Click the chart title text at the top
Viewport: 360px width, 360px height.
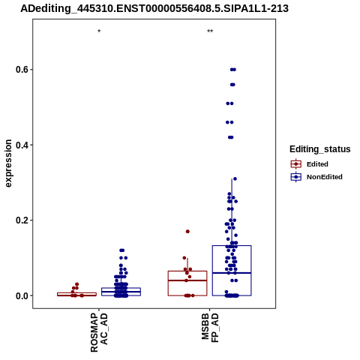(154, 8)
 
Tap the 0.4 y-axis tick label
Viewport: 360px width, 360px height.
(21, 145)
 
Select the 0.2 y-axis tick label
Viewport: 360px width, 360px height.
(21, 220)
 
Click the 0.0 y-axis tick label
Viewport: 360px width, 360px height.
(21, 295)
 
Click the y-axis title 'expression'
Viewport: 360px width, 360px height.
(8, 163)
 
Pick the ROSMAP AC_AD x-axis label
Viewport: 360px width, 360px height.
(99, 332)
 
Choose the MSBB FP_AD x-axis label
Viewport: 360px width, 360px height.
(210, 328)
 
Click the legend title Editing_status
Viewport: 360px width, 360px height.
(320, 149)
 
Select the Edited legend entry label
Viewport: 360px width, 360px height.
(317, 164)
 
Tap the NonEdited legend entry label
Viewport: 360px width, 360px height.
(325, 177)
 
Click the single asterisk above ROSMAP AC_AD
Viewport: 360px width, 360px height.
(99, 31)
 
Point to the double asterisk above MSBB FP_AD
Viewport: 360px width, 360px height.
(210, 31)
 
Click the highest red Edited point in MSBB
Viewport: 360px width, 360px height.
(187, 232)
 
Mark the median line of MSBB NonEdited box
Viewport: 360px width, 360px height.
(232, 273)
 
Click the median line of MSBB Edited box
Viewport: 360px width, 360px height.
(187, 280)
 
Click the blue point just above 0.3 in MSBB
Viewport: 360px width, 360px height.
(235, 178)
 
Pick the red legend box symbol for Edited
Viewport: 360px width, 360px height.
(296, 164)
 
